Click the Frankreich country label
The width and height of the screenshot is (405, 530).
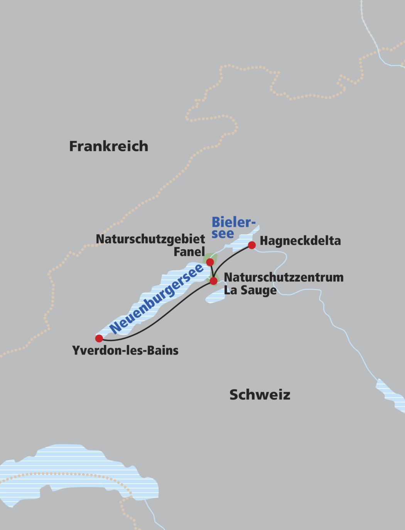(108, 146)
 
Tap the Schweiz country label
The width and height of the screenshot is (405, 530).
(260, 395)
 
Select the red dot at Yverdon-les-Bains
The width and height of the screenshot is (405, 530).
(99, 339)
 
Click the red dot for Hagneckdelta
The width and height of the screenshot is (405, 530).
(252, 245)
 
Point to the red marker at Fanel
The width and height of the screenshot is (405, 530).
(210, 262)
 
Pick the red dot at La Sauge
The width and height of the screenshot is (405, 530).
(213, 281)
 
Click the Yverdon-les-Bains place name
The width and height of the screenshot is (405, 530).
(125, 351)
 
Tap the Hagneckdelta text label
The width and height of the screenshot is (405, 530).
(300, 241)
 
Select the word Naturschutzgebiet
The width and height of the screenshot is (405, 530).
(150, 239)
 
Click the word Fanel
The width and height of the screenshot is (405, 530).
(189, 252)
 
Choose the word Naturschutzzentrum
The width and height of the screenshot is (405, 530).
(283, 277)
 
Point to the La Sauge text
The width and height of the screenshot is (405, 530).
(250, 290)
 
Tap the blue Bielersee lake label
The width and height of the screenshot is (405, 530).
(233, 228)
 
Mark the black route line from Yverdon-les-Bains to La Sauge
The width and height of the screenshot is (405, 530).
(162, 317)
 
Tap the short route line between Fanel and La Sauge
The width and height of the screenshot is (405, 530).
(212, 272)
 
